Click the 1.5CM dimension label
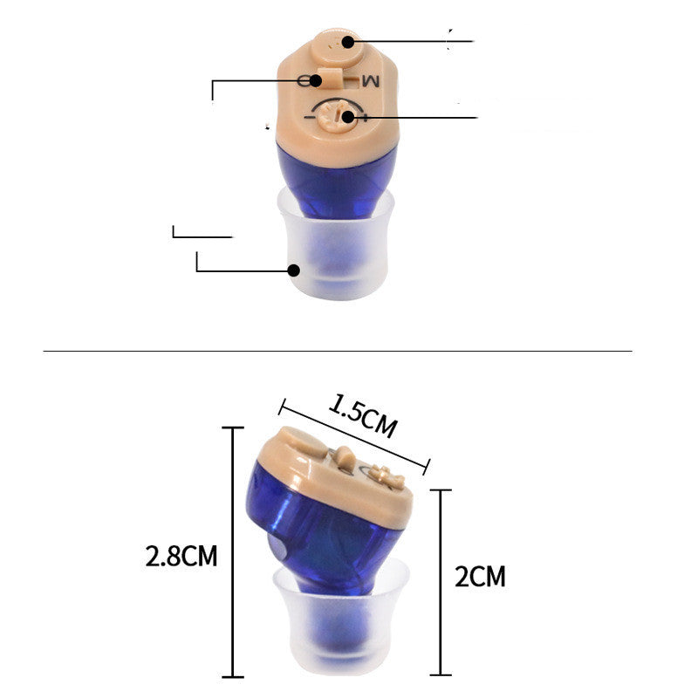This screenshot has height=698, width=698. point(362,415)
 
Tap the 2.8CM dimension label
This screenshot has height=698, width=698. point(181,556)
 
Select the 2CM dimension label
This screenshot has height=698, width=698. point(480,577)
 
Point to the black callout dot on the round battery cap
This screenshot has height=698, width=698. point(347,42)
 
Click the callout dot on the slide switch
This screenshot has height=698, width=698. point(316,81)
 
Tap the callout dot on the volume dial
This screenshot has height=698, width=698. point(347,118)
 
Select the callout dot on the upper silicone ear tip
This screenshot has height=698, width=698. point(293,270)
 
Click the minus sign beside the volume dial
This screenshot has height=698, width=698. point(310,118)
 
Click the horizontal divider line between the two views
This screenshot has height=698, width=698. point(338,352)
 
